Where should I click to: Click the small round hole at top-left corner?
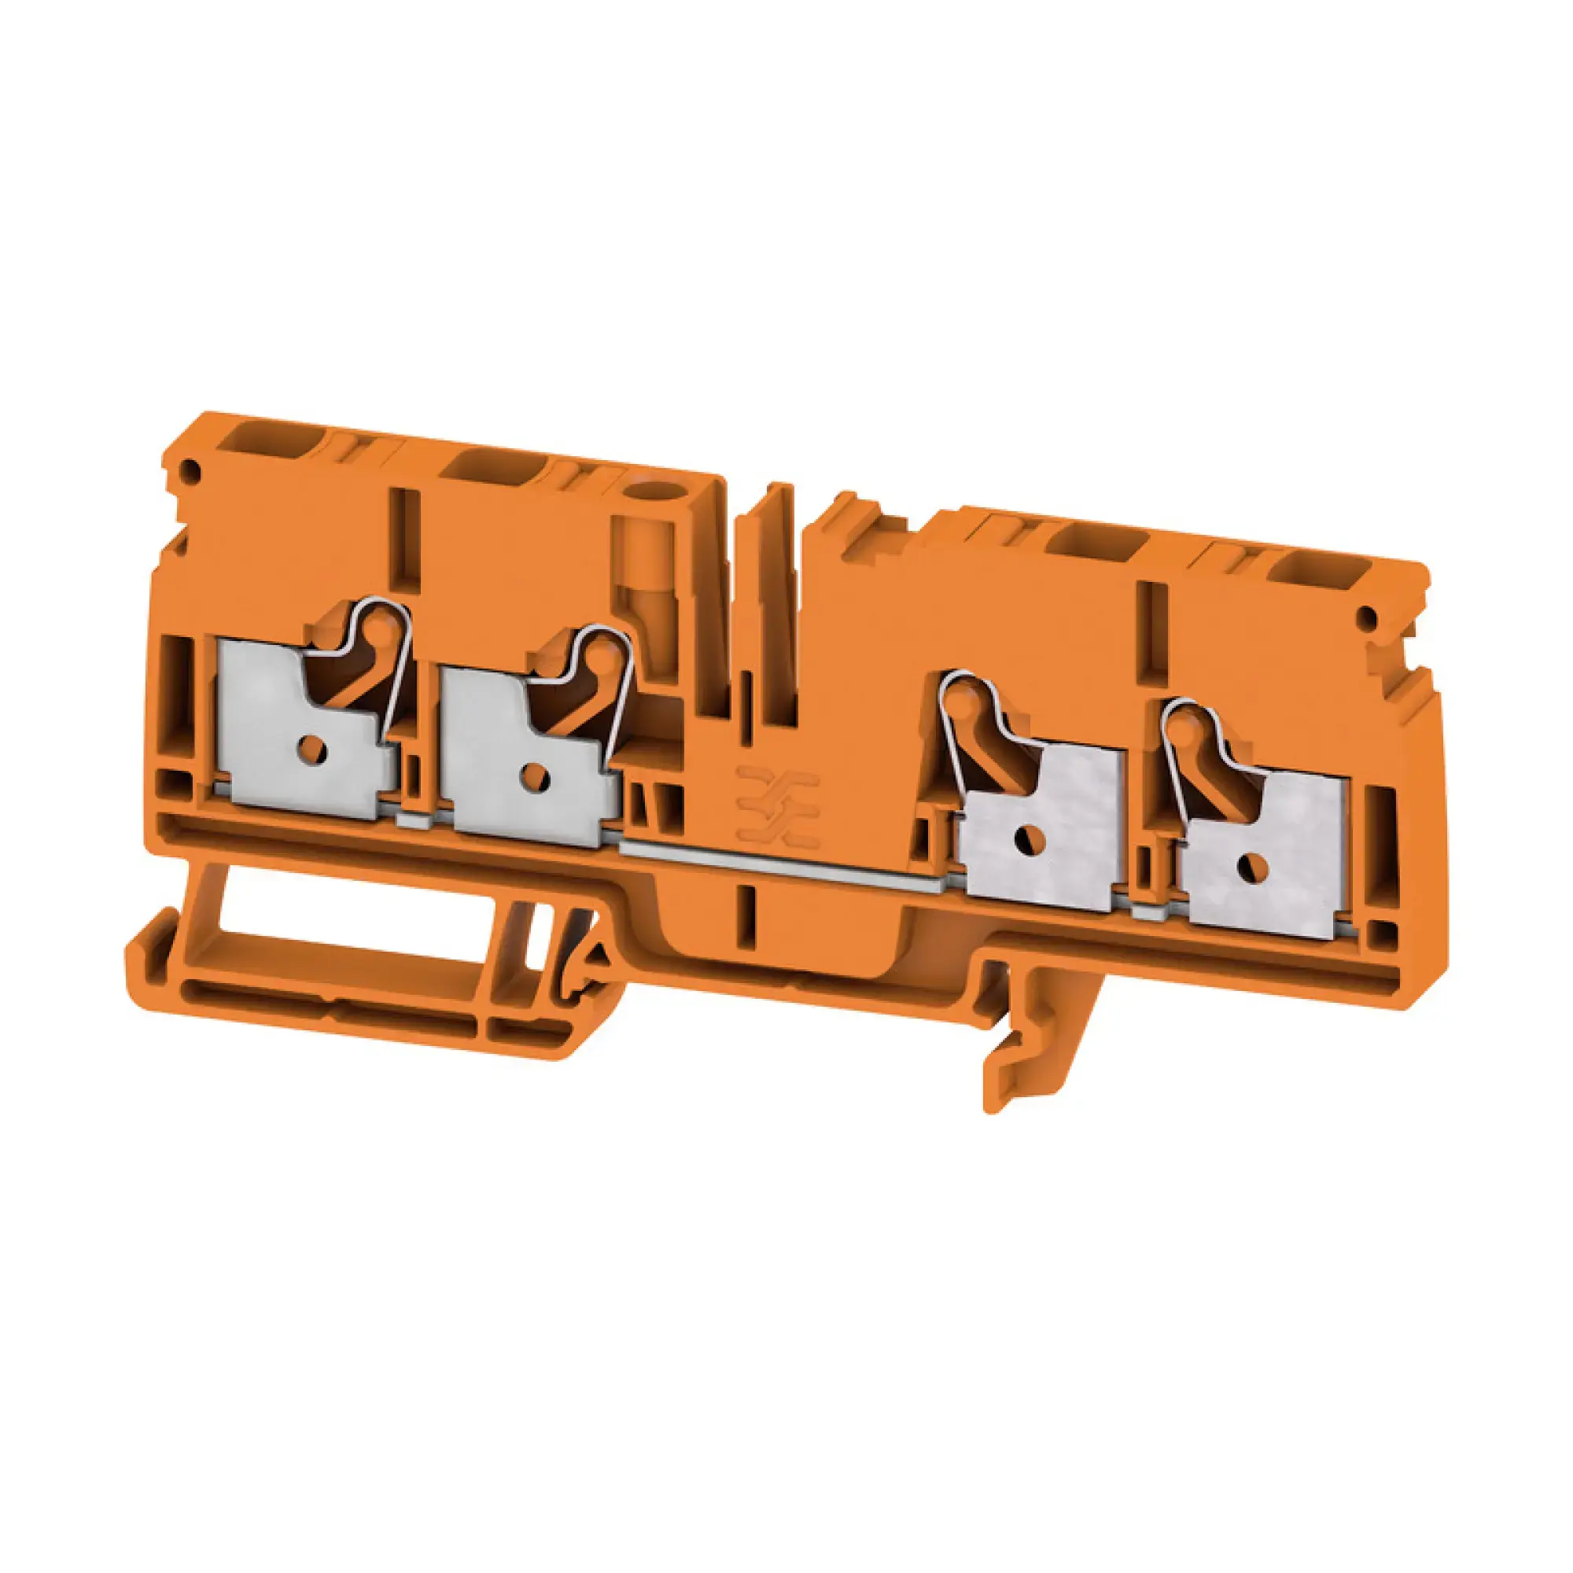coord(192,469)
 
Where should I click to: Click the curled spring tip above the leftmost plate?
coord(383,627)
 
